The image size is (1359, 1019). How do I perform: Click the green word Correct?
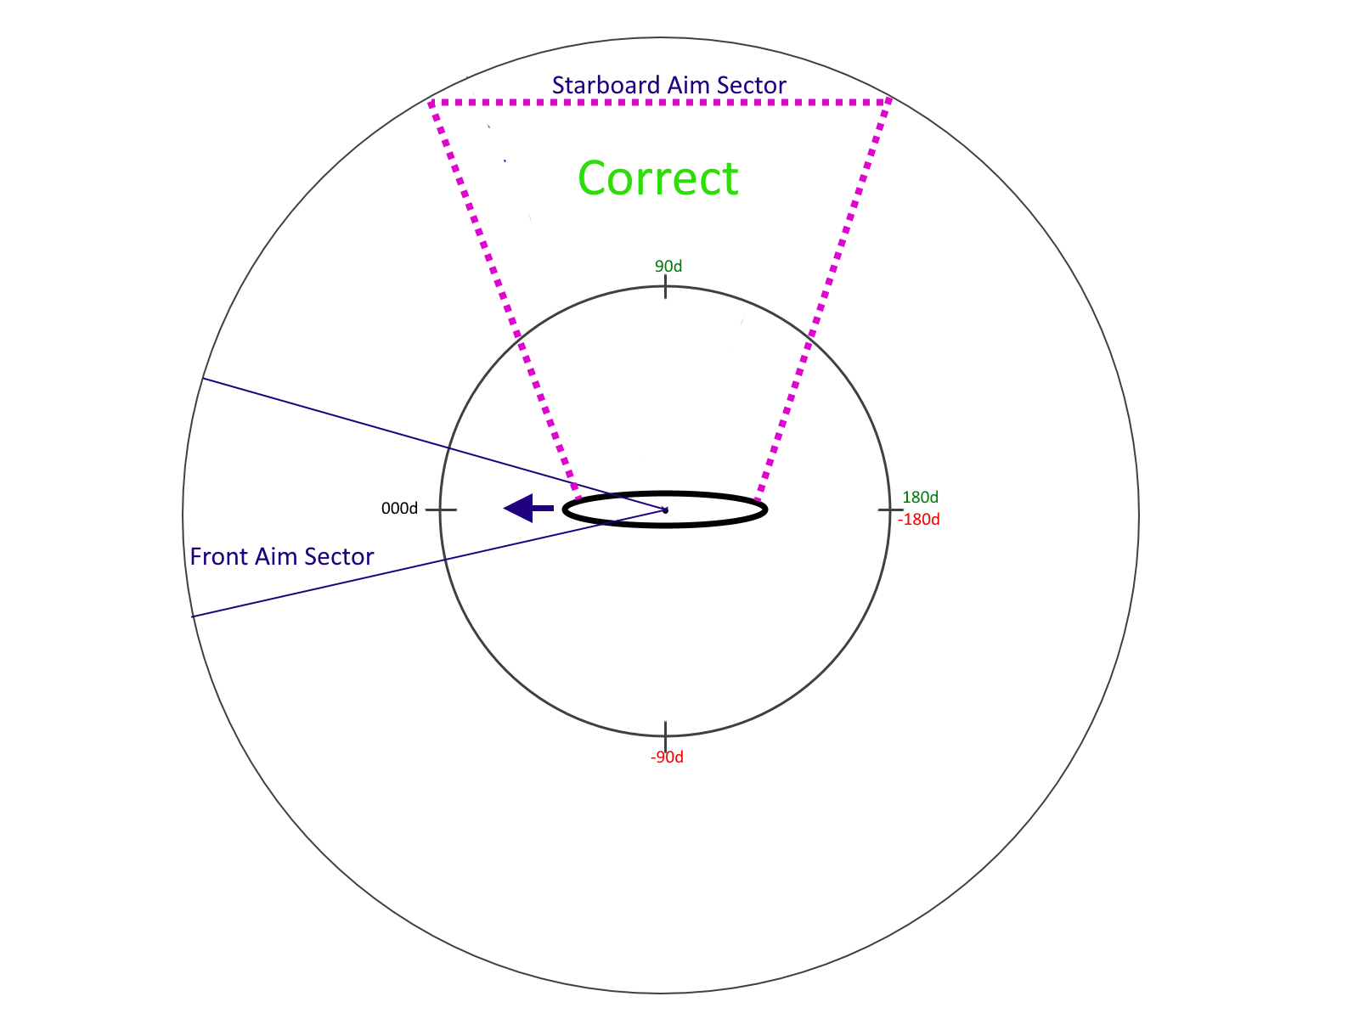[657, 178]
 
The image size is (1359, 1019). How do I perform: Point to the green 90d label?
[668, 266]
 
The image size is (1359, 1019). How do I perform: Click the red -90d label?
[667, 757]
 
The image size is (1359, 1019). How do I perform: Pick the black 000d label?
[399, 509]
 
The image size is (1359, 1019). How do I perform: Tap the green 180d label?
[920, 497]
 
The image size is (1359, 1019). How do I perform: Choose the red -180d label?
[919, 519]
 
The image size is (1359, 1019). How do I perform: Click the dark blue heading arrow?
[528, 509]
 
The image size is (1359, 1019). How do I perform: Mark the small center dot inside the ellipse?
[666, 510]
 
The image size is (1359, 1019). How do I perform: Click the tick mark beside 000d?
[441, 509]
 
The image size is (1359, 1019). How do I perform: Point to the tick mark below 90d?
[666, 286]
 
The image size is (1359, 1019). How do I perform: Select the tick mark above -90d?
[666, 733]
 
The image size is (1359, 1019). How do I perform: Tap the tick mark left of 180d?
[890, 509]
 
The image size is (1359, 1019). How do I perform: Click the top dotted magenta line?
[660, 102]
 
